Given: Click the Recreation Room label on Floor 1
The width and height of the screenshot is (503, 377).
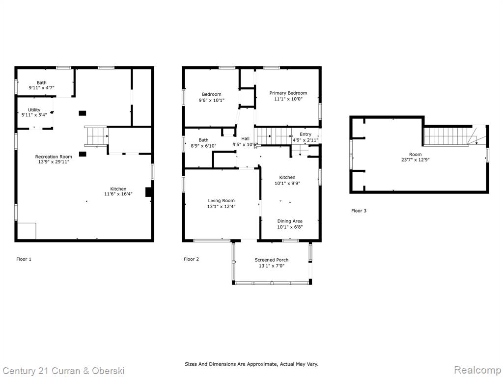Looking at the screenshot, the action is pyautogui.click(x=54, y=157).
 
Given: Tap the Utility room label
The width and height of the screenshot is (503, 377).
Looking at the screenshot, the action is pyautogui.click(x=34, y=110).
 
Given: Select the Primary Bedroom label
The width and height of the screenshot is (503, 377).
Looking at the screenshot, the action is pyautogui.click(x=288, y=93).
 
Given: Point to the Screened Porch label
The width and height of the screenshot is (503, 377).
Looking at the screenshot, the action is pyautogui.click(x=271, y=260).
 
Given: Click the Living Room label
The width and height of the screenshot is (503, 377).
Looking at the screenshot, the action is pyautogui.click(x=222, y=201).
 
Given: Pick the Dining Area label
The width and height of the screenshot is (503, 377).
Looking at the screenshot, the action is pyautogui.click(x=290, y=221).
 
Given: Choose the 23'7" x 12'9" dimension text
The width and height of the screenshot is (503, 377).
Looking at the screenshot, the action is pyautogui.click(x=415, y=160).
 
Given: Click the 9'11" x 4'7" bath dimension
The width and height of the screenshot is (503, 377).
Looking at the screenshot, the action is pyautogui.click(x=41, y=87).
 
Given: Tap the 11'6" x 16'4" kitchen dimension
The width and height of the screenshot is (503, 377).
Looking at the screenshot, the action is pyautogui.click(x=118, y=194).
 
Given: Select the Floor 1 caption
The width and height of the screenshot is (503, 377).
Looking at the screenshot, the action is pyautogui.click(x=24, y=259).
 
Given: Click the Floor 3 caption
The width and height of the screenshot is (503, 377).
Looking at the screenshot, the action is pyautogui.click(x=359, y=211).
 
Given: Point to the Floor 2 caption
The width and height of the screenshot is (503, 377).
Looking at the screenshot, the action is pyautogui.click(x=191, y=259).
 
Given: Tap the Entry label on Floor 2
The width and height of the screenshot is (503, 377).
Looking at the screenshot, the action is pyautogui.click(x=306, y=135).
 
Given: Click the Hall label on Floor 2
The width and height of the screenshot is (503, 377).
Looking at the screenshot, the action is pyautogui.click(x=246, y=138).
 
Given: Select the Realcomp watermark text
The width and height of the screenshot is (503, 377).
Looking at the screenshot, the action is pyautogui.click(x=477, y=370).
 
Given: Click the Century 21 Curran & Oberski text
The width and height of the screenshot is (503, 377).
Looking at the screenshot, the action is pyautogui.click(x=63, y=371).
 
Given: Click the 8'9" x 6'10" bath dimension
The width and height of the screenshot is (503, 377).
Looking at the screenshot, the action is pyautogui.click(x=203, y=146).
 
